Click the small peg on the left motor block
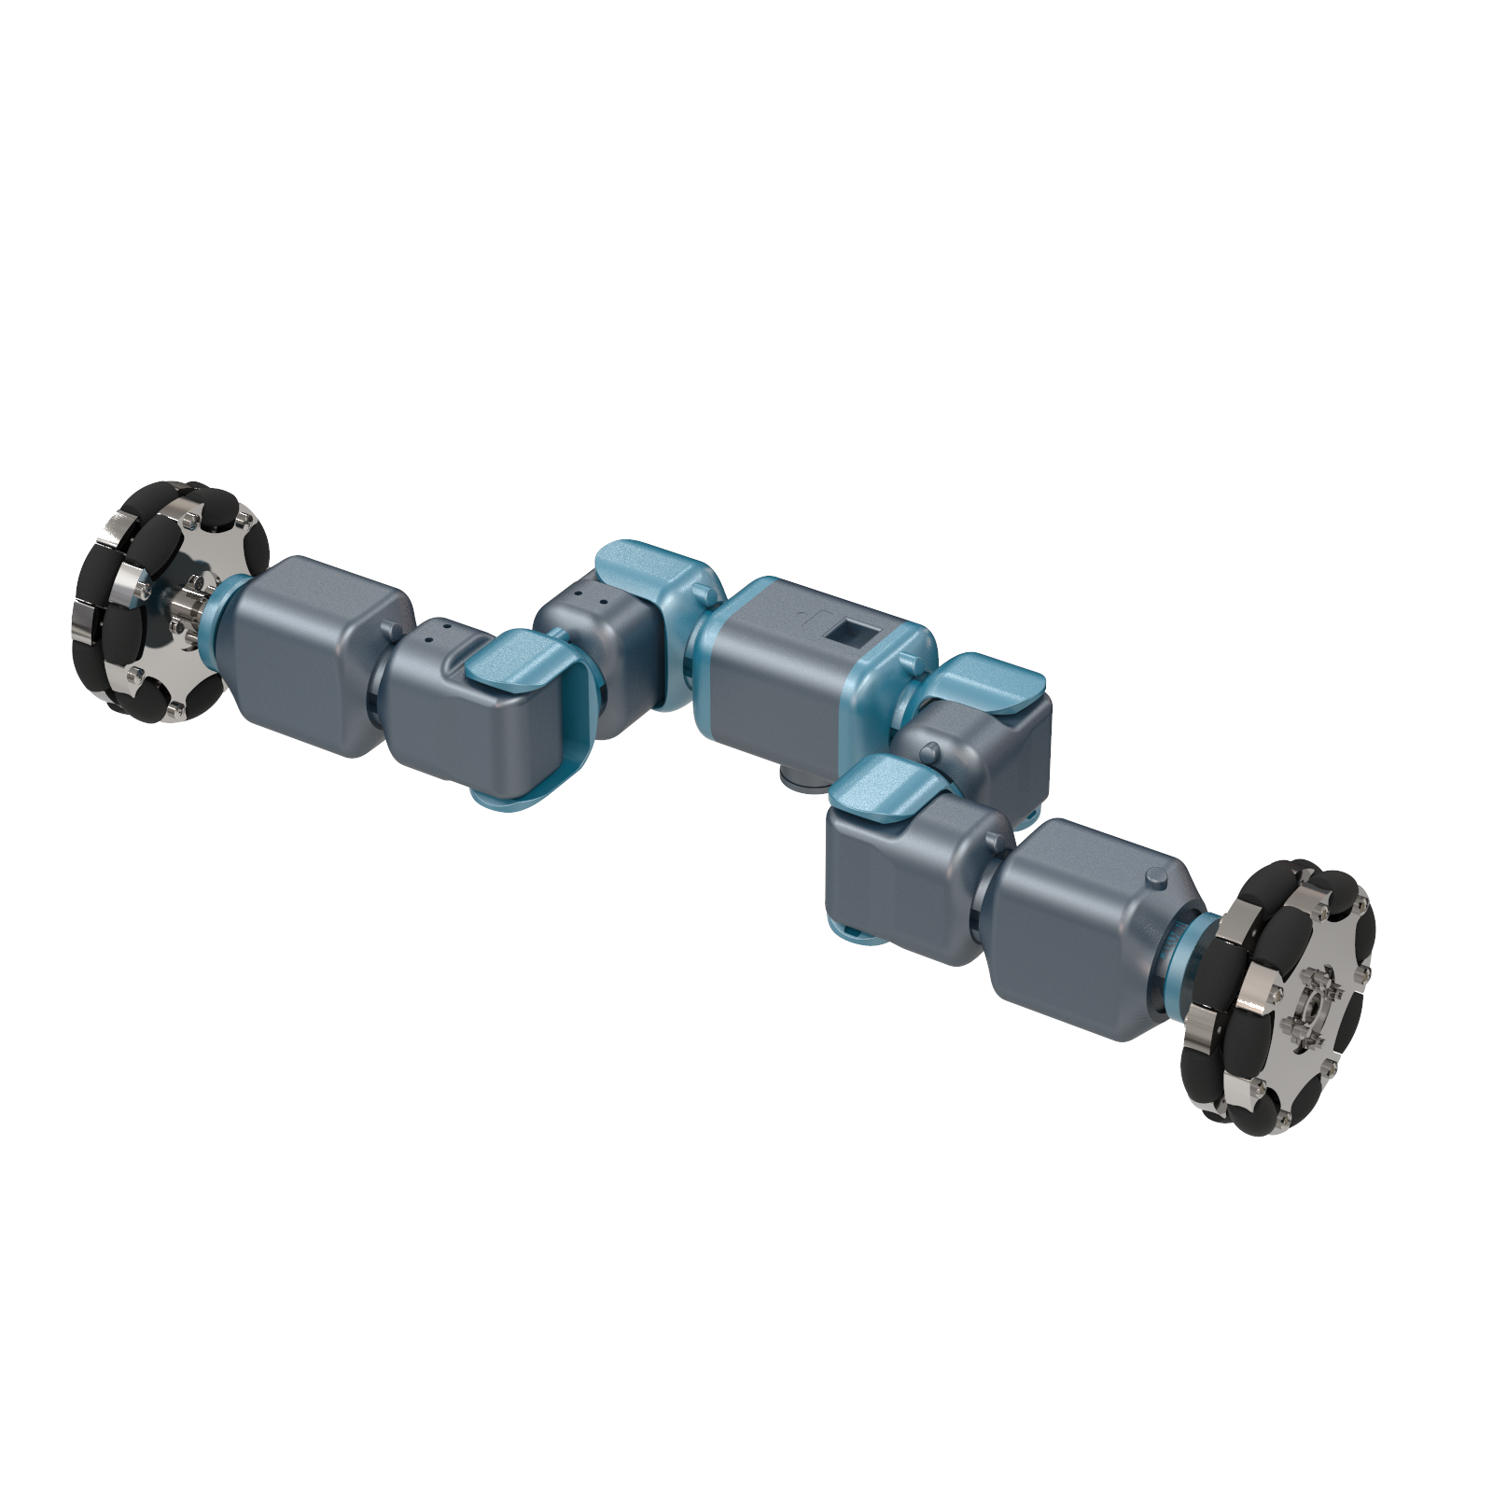click(x=386, y=625)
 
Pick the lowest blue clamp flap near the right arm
click(x=882, y=788)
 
